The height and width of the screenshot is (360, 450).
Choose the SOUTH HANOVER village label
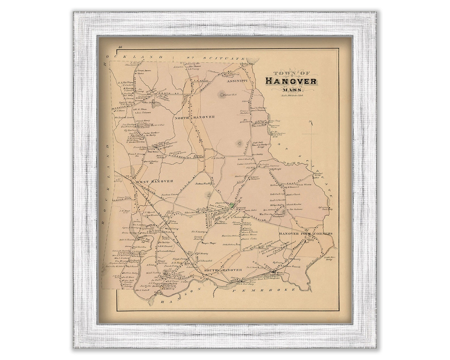coord(223,270)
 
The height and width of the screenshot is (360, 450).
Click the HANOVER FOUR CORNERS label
coord(305,234)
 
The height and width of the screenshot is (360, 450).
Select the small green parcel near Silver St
coord(232,204)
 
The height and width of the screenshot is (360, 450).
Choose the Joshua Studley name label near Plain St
coord(203,184)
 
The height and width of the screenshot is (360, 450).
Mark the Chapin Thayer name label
coord(209,243)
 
